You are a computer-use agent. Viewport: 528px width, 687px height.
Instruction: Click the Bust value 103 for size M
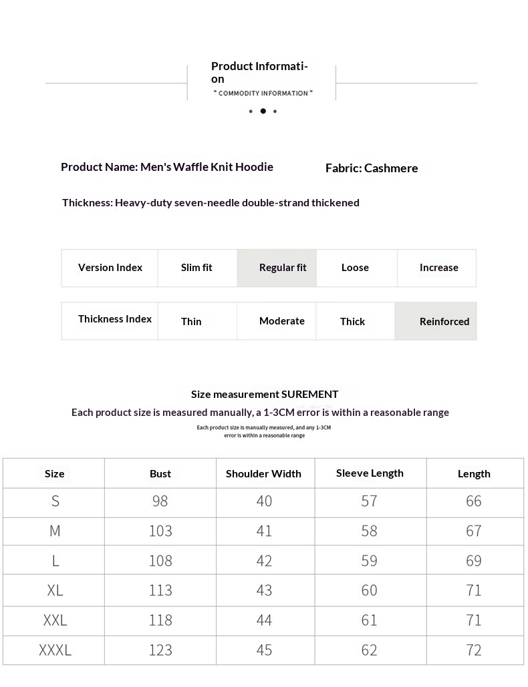(x=160, y=531)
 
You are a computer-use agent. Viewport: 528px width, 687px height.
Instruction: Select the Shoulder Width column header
(x=263, y=473)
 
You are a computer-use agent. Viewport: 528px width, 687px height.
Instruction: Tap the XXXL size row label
(x=55, y=650)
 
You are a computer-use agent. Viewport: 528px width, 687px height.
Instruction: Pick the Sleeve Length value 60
(x=369, y=590)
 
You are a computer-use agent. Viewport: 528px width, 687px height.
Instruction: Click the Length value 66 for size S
(x=474, y=501)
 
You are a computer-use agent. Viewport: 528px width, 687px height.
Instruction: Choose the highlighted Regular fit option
(x=283, y=268)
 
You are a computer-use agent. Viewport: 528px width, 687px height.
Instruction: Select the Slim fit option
(x=196, y=268)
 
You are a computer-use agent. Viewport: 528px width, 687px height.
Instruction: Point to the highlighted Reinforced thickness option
(x=444, y=321)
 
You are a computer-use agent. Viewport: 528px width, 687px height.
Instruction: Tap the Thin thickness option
(x=191, y=321)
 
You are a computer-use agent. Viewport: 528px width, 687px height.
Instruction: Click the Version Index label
(x=110, y=268)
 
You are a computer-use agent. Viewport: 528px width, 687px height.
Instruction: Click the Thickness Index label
(x=115, y=319)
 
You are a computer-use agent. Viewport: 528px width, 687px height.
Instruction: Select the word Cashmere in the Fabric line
(x=391, y=168)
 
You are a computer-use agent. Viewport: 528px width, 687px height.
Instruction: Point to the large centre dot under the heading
(x=263, y=111)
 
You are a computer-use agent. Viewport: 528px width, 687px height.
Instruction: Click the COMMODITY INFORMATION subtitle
(x=263, y=93)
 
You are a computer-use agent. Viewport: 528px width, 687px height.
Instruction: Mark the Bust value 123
(x=160, y=650)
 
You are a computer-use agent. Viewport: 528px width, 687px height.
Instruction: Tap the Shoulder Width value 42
(x=264, y=561)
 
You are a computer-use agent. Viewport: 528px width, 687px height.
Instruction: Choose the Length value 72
(x=474, y=650)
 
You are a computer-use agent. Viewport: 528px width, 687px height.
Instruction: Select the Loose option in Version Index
(x=355, y=268)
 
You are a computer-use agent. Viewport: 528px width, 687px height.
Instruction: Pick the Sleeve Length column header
(x=370, y=473)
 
